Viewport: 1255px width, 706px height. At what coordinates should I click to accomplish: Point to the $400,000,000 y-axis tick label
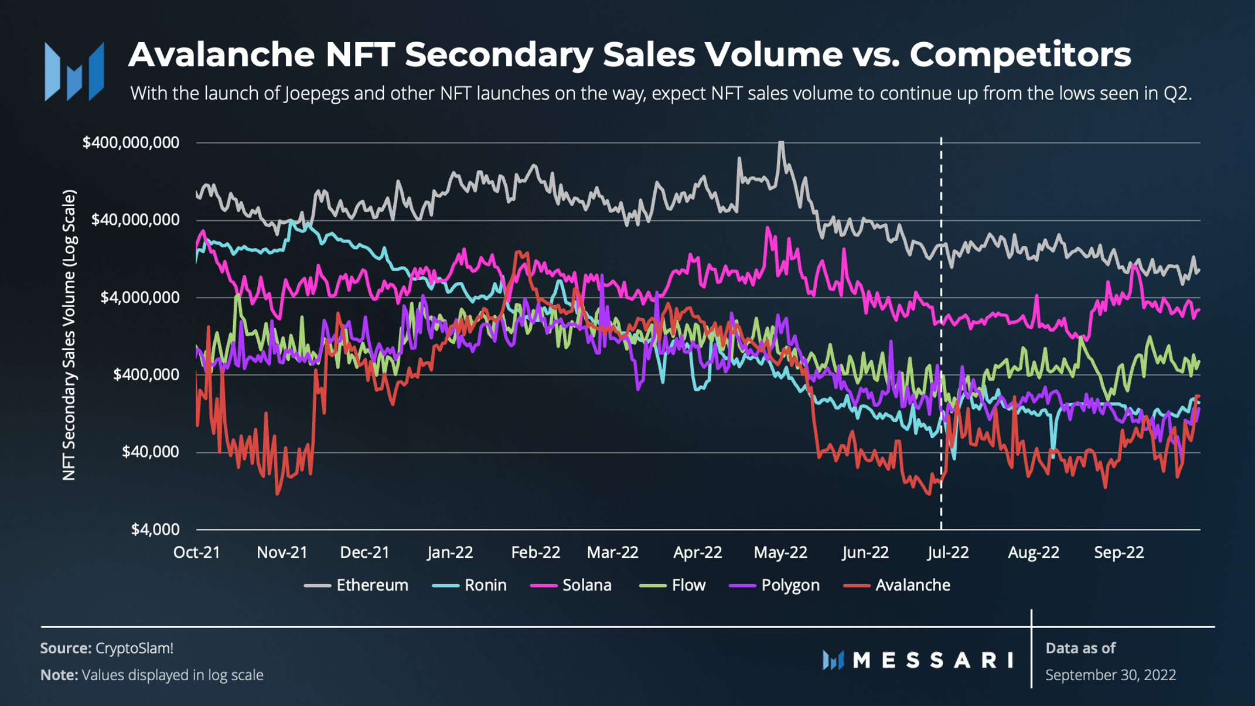pyautogui.click(x=131, y=142)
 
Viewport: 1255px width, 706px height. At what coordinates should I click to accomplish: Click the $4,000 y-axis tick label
pyautogui.click(x=155, y=530)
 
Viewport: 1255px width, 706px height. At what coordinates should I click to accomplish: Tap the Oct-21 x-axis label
pyautogui.click(x=197, y=552)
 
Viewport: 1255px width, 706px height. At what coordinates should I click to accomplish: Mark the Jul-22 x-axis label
pyautogui.click(x=947, y=552)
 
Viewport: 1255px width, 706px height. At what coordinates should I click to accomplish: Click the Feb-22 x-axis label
pyautogui.click(x=536, y=552)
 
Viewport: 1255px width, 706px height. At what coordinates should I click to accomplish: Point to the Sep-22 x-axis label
pyautogui.click(x=1118, y=552)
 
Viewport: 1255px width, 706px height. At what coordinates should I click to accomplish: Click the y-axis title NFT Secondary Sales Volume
pyautogui.click(x=69, y=335)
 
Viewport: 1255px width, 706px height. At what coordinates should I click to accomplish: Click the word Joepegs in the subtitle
pyautogui.click(x=316, y=93)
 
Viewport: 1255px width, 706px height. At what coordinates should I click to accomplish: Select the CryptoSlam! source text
pyautogui.click(x=134, y=648)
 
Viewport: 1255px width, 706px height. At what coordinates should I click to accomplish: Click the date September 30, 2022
pyautogui.click(x=1110, y=675)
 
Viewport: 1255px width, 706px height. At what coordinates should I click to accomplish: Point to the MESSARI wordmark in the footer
pyautogui.click(x=932, y=660)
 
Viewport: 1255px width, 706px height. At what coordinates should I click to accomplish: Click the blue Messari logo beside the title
pyautogui.click(x=74, y=71)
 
